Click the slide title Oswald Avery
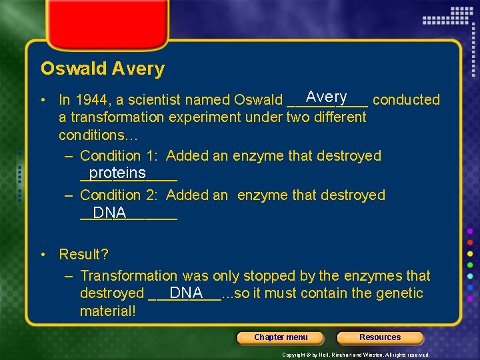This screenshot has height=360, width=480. pos(102,69)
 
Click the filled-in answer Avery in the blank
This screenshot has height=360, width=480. pos(326,97)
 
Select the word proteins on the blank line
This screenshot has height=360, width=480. pos(117,173)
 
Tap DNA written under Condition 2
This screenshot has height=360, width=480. pos(109,213)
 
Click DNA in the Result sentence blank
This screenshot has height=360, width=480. pos(186,293)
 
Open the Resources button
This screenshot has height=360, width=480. pos(380,337)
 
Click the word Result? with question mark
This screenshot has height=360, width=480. pos(83,255)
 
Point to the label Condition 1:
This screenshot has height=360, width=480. pos(120,156)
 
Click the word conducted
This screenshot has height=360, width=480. pos(406,100)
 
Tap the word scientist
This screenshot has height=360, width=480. pos(150,100)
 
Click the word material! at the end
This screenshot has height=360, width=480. pos(107,311)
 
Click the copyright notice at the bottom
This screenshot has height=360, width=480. pos(356,355)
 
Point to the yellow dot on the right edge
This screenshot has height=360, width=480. pos(471,253)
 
